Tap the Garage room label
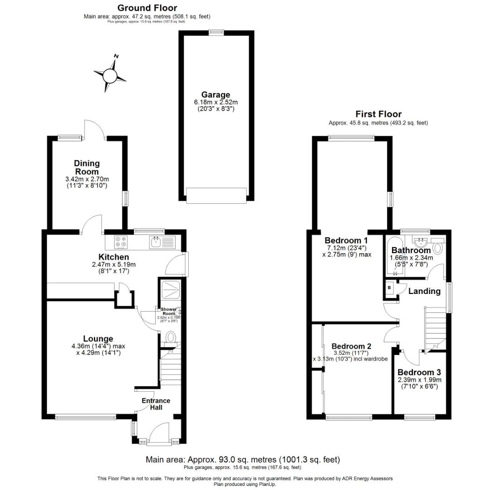click(x=216, y=95)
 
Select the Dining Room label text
click(x=87, y=167)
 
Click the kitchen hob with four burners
click(x=121, y=242)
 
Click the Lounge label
click(x=98, y=338)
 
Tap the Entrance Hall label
click(x=156, y=404)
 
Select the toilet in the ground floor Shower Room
click(x=171, y=337)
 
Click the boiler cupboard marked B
click(x=389, y=288)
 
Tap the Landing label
click(x=424, y=291)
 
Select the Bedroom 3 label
click(x=420, y=372)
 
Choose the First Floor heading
click(x=378, y=114)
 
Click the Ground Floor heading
click(x=147, y=8)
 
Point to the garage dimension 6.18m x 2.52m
click(x=216, y=103)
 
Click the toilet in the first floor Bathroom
click(x=438, y=248)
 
